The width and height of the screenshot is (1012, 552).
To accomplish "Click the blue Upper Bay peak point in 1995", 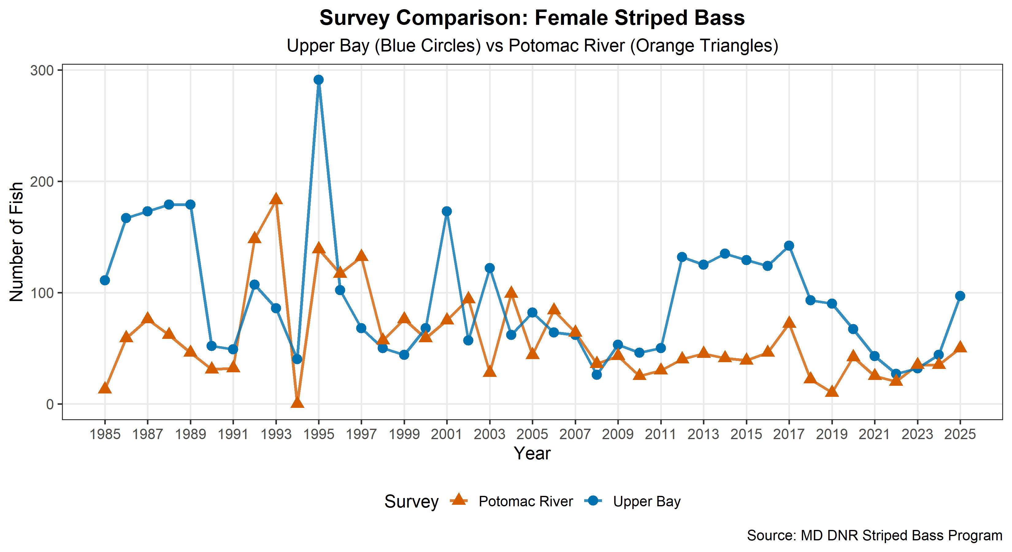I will click(x=319, y=80).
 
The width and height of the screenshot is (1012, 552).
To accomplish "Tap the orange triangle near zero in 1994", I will click(x=297, y=403).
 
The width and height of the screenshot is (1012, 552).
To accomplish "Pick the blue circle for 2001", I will click(x=447, y=211).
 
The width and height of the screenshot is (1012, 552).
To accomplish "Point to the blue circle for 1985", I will click(x=105, y=280).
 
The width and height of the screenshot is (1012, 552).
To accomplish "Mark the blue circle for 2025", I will click(x=960, y=296).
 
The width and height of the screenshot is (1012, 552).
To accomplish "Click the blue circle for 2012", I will click(x=682, y=257).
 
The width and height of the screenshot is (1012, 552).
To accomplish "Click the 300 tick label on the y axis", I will click(x=42, y=71).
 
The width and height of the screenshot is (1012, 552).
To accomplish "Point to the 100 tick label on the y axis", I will click(x=42, y=293).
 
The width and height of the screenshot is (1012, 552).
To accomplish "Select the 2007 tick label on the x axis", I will click(x=575, y=434).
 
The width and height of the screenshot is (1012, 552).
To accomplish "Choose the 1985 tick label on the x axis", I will click(x=105, y=434).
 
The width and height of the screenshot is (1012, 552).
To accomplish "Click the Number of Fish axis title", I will click(x=17, y=242).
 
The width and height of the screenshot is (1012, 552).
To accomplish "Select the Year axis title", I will click(x=532, y=453).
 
